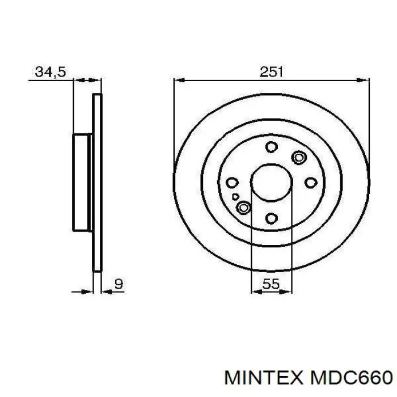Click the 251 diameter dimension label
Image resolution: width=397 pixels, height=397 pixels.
(272, 72)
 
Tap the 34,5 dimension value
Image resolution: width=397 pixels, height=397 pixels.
(51, 72)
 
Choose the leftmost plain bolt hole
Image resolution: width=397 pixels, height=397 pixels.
(231, 183)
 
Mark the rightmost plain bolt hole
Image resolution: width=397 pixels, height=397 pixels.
(311, 183)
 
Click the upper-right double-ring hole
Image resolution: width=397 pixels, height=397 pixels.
(298, 157)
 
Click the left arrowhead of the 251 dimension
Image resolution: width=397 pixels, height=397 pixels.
(178, 81)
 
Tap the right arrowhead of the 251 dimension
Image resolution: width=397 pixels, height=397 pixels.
(365, 81)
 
